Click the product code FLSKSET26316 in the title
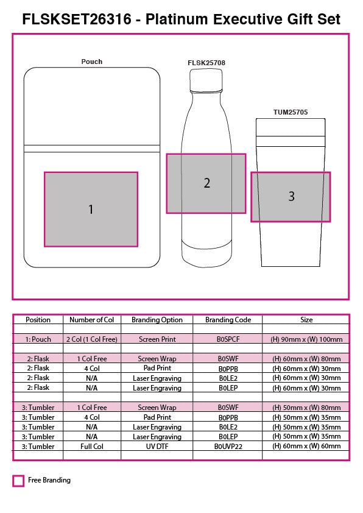(x=77, y=19)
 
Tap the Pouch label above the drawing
(x=92, y=62)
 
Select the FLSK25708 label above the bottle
(x=206, y=63)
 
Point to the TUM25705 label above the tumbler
(x=291, y=112)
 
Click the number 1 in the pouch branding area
(x=91, y=210)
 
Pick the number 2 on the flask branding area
(x=207, y=183)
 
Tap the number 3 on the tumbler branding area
(x=291, y=196)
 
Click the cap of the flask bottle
(x=206, y=80)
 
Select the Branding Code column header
(x=228, y=320)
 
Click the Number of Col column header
(x=91, y=320)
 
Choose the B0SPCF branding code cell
(x=228, y=339)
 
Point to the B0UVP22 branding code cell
(x=228, y=446)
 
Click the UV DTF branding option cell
(x=157, y=446)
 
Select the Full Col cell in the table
(x=91, y=446)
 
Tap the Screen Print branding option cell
(x=157, y=339)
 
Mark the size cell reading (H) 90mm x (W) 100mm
(x=306, y=339)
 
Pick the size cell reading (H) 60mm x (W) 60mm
(x=306, y=446)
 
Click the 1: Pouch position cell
(x=38, y=339)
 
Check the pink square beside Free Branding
(x=18, y=481)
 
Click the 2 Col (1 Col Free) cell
(x=91, y=339)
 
